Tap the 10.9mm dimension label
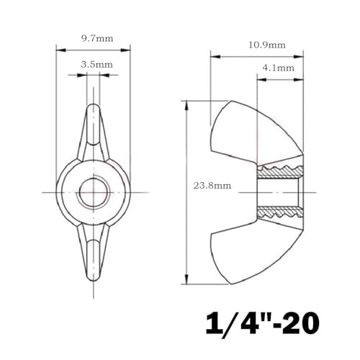tap(266, 45)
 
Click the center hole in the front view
tap(93, 192)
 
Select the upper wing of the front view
tap(93, 133)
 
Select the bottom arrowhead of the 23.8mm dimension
tap(187, 281)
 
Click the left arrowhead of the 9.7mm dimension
tap(60, 50)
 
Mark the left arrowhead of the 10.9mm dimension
tap(212, 53)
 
